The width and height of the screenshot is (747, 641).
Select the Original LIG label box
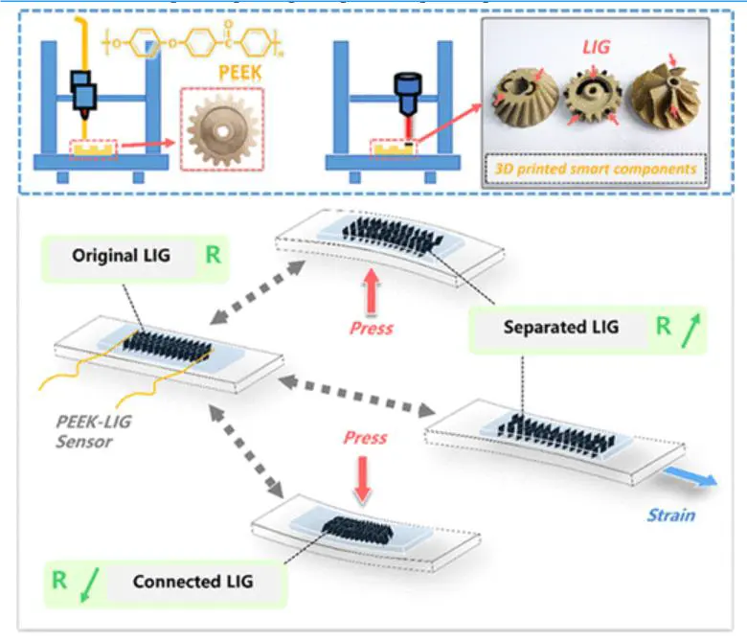tap(117, 257)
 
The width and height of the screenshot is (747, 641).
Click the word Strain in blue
tap(670, 515)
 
